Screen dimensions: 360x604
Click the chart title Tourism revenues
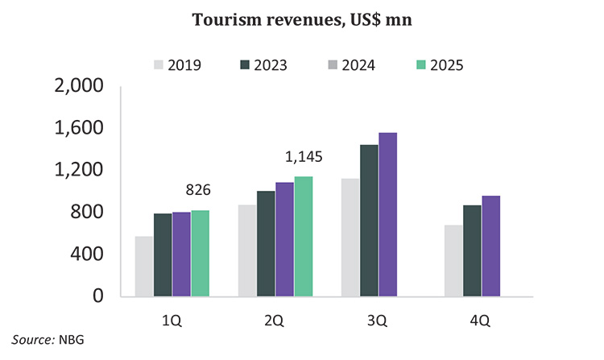pyautogui.click(x=302, y=19)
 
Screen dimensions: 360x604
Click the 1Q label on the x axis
pyautogui.click(x=172, y=320)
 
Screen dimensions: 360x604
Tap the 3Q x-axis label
pyautogui.click(x=377, y=320)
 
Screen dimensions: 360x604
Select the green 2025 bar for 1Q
pyautogui.click(x=200, y=253)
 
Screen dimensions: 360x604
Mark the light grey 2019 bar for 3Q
pyautogui.click(x=350, y=237)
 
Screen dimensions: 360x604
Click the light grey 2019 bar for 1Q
pyautogui.click(x=144, y=266)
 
